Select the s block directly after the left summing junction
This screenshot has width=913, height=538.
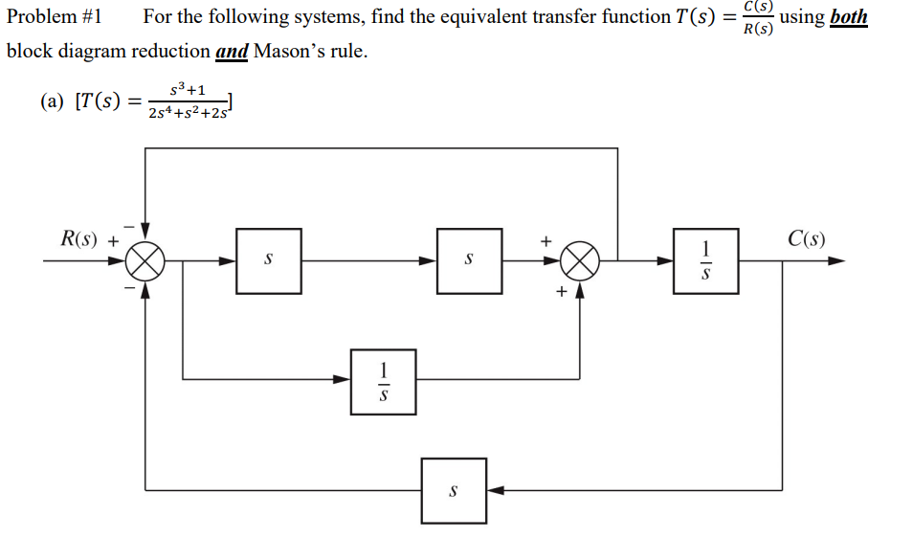pos(269,260)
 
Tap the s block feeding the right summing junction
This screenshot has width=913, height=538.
pos(469,260)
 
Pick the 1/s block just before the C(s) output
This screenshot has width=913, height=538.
pos(706,260)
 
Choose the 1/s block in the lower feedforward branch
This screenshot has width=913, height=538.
pos(383,381)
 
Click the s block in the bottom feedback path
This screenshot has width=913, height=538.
pos(454,491)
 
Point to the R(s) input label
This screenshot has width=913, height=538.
pos(82,239)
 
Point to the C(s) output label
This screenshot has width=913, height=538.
pos(807,239)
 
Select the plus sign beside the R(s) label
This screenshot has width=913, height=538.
pos(113,241)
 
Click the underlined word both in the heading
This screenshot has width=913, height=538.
pos(849,17)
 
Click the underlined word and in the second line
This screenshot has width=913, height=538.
pos(232,52)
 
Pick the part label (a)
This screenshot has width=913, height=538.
pos(54,101)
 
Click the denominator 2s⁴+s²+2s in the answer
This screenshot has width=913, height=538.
pos(188,114)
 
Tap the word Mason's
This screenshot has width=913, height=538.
pos(290,52)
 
